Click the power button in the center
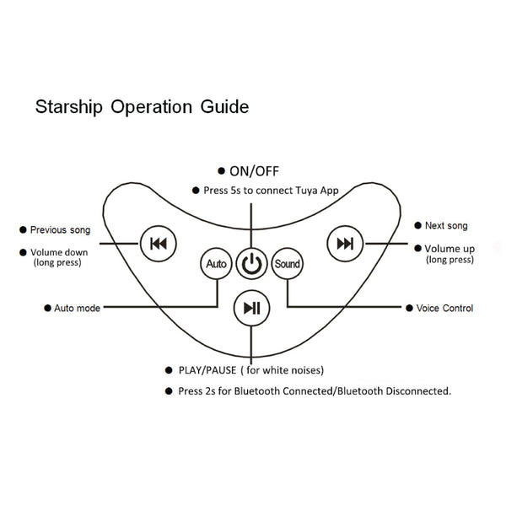250,264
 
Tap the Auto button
215,264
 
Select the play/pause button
250,308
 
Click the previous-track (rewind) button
158,244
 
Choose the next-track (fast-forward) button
345,244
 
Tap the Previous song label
60,229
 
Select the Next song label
446,226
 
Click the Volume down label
59,252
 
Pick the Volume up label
449,249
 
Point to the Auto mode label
77,309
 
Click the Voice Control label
444,309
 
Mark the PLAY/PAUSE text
207,370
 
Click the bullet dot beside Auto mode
46,309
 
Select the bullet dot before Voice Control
409,309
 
